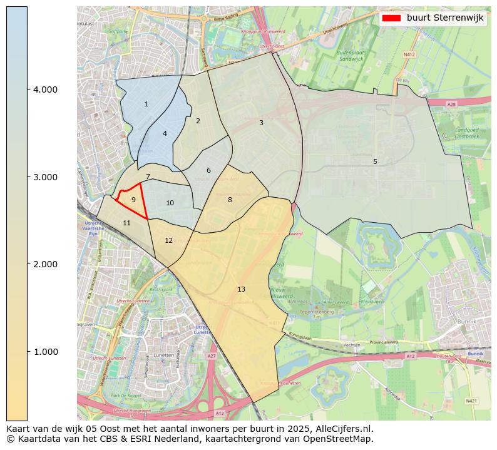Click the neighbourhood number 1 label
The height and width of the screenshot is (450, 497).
point(146,105)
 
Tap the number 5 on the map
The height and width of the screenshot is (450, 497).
point(375,161)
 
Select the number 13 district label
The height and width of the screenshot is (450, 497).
point(242,289)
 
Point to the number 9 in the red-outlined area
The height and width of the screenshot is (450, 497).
point(133,200)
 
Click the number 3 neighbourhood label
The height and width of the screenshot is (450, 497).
point(261,123)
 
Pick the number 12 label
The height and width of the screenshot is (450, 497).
point(169,240)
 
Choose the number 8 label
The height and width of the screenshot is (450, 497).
point(230,200)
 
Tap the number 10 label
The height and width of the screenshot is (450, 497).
point(170,203)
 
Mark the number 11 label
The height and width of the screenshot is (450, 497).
point(127,223)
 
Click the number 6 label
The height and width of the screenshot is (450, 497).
point(208,170)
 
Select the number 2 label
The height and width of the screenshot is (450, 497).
point(198,121)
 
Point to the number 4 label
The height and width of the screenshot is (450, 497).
point(165,133)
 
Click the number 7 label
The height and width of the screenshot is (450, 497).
point(148,176)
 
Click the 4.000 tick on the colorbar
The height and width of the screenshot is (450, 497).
point(45,89)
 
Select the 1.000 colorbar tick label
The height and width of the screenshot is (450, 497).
point(45,352)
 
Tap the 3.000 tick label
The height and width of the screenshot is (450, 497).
point(45,177)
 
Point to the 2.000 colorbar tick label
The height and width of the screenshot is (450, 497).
point(45,264)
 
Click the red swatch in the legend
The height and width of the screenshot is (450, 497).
point(391,18)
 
